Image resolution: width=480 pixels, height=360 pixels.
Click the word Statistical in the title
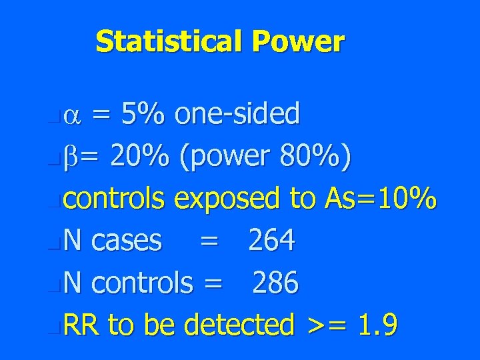[x=170, y=41]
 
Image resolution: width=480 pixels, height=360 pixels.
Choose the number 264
[x=271, y=240]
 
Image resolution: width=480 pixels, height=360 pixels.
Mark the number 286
[x=275, y=283]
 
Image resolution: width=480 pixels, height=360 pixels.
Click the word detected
[x=239, y=325]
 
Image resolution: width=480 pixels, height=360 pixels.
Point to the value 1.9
[x=377, y=325]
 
